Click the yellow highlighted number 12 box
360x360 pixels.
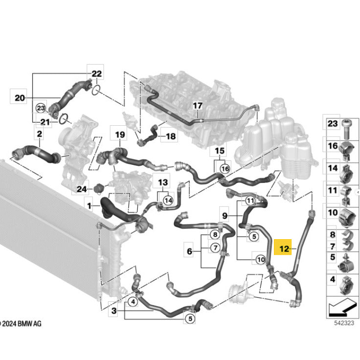click(x=283, y=247)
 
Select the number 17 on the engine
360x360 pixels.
click(x=198, y=106)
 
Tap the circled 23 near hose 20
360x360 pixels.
click(x=41, y=108)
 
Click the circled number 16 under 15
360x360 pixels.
click(x=225, y=169)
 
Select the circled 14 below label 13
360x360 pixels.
click(x=169, y=201)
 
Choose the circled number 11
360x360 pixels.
click(x=250, y=201)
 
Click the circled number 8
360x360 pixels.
click(x=215, y=234)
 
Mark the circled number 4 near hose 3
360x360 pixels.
click(x=133, y=301)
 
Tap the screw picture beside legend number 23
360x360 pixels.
click(x=347, y=129)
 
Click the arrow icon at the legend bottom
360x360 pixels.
click(x=342, y=308)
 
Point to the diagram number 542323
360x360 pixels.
click(x=344, y=323)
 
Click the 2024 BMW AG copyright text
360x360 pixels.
click(x=21, y=324)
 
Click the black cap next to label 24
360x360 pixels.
click(x=99, y=188)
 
